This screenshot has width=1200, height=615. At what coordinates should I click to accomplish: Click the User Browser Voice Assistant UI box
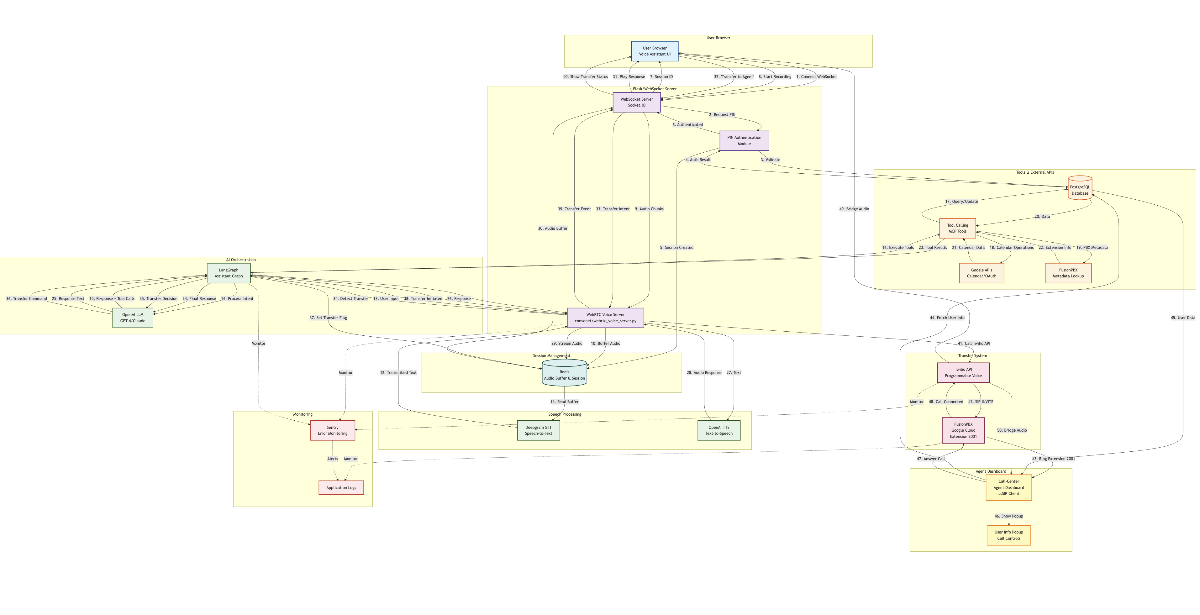tap(655, 51)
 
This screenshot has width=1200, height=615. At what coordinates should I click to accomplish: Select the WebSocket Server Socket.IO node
tap(636, 102)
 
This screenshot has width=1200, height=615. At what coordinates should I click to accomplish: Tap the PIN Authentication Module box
tap(744, 141)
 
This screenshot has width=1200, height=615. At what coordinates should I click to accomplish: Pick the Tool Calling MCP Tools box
tap(957, 228)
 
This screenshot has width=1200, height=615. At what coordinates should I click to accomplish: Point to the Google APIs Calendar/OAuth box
tap(981, 273)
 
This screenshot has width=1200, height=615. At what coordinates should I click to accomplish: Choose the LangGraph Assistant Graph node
tap(228, 273)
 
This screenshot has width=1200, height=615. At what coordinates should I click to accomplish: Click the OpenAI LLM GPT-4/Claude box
tap(133, 318)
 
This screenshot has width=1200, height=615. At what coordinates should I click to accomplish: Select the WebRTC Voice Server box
tap(605, 318)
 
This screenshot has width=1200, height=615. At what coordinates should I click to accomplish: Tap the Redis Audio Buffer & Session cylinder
tap(564, 374)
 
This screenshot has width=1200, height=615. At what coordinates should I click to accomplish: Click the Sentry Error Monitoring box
tap(332, 430)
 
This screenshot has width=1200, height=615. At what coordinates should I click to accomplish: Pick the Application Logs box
tap(341, 488)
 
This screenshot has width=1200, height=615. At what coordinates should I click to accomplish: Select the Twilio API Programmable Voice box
tap(963, 373)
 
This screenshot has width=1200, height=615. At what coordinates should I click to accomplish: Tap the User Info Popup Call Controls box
tap(1008, 535)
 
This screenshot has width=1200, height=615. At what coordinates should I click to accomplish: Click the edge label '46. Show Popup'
tap(1008, 516)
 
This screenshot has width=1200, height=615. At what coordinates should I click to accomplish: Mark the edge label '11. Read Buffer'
tap(564, 402)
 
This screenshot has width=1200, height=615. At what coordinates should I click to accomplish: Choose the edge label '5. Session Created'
tap(676, 247)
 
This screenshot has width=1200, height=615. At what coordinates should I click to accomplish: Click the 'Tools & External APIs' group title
tap(1034, 172)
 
